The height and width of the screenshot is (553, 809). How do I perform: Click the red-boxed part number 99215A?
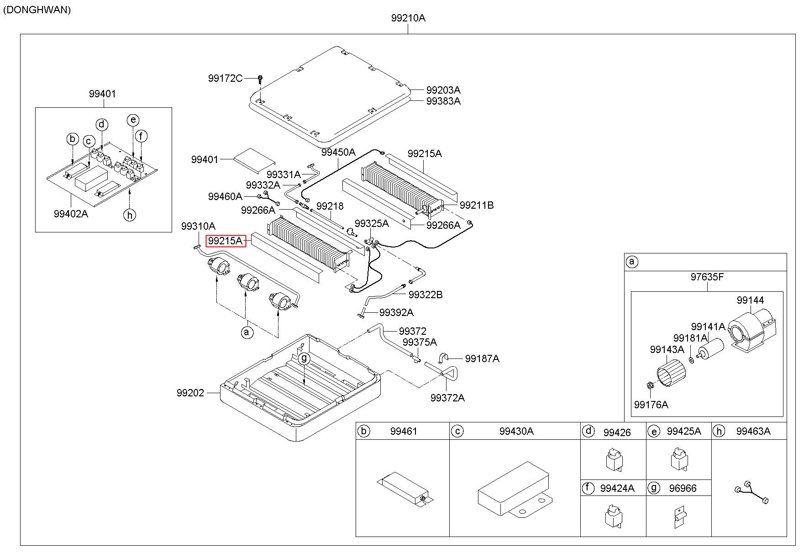226,241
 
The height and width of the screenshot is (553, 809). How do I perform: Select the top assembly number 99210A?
408,18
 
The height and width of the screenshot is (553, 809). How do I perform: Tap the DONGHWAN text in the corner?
37,10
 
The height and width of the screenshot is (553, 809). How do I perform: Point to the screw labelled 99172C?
260,79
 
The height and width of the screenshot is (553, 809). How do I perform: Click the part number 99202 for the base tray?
190,393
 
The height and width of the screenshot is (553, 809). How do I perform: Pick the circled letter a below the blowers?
247,332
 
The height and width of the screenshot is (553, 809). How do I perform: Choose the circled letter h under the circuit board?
130,214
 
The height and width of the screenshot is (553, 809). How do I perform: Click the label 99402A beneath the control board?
71,213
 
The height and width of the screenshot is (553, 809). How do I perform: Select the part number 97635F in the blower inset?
707,277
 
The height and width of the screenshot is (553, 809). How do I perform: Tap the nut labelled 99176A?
650,386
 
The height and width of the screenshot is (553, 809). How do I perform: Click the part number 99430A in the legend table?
516,431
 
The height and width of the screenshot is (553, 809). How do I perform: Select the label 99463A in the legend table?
753,431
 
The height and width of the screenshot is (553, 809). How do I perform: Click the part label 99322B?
426,295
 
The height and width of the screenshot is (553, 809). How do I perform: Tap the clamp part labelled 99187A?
445,358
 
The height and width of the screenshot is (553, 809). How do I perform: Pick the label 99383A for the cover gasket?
443,101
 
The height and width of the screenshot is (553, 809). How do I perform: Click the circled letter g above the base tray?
305,358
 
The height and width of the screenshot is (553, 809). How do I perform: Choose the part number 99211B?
477,205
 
